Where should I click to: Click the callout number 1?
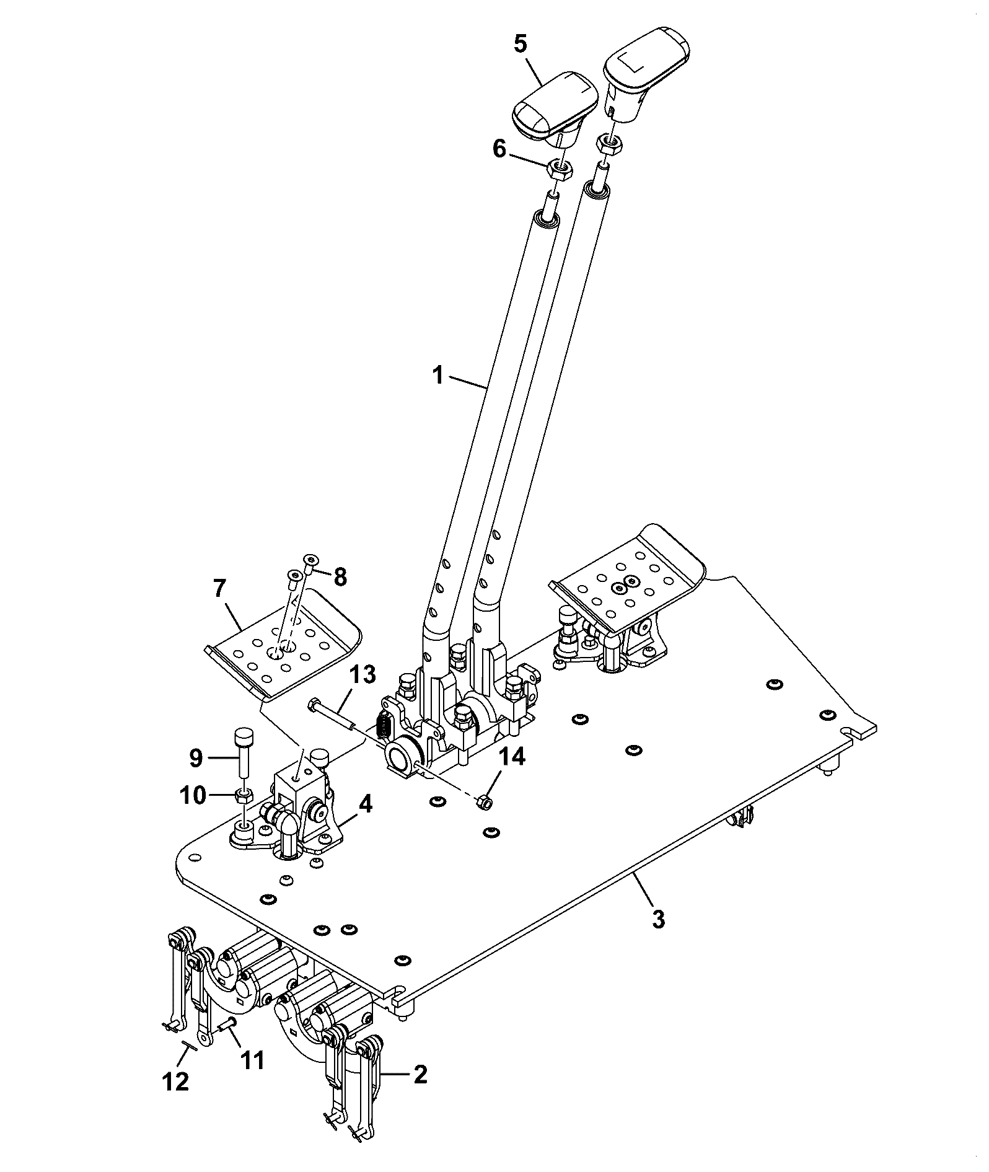click(x=438, y=376)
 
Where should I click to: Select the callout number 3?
click(x=659, y=919)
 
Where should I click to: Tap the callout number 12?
click(x=175, y=1082)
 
